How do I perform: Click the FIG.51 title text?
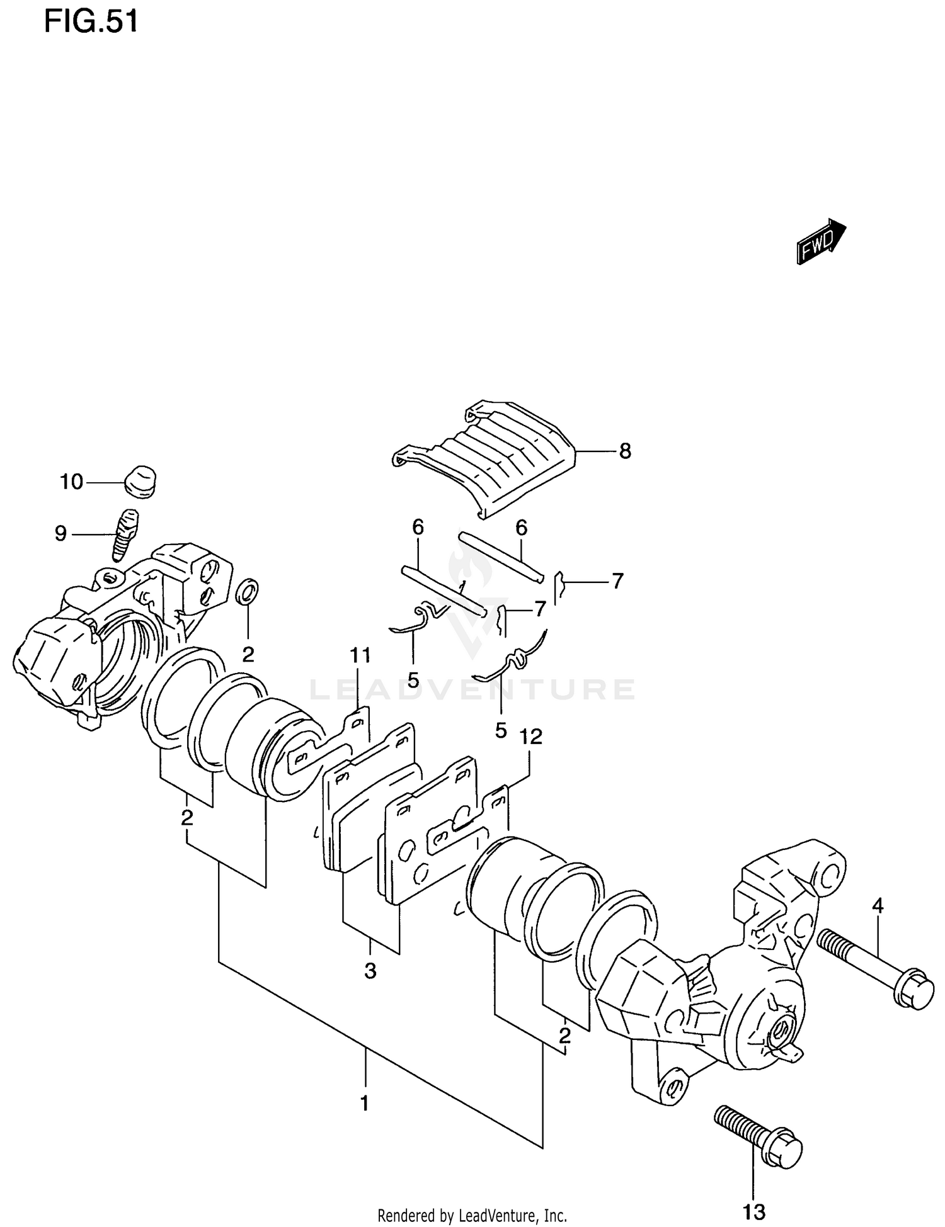point(91,23)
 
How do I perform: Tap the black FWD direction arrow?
point(821,241)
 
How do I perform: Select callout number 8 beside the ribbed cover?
point(624,451)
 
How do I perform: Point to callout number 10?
point(72,482)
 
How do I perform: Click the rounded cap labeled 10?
point(139,482)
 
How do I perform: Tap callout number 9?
point(60,534)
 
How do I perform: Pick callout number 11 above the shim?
point(360,656)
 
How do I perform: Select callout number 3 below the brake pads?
point(370,971)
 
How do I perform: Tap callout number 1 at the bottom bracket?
point(364,1103)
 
